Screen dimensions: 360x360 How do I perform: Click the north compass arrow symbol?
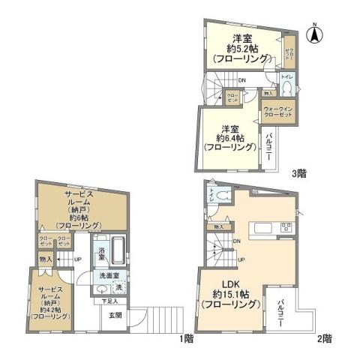pyautogui.click(x=316, y=34)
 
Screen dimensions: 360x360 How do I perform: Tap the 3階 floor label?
pyautogui.click(x=298, y=173)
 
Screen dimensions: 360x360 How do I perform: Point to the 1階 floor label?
pyautogui.click(x=187, y=338)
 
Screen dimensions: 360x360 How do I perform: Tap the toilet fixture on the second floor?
pyautogui.click(x=211, y=193)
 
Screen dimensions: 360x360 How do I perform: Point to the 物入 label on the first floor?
pyautogui.click(x=45, y=259)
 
